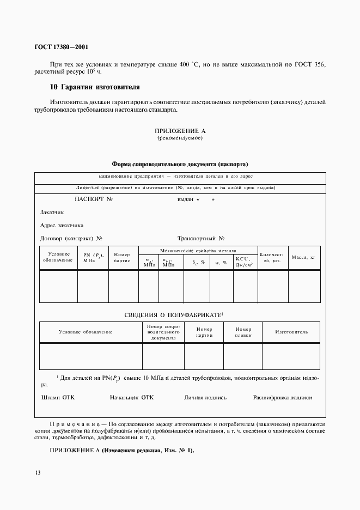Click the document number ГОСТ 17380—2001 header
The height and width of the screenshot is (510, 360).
pyautogui.click(x=57, y=47)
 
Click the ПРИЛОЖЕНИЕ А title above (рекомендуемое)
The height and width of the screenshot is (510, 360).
pyautogui.click(x=180, y=131)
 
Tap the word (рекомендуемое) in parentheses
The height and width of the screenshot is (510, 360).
pyautogui.click(x=180, y=138)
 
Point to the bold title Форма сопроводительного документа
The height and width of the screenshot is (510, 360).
pyautogui.click(x=180, y=164)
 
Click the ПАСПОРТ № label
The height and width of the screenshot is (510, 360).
pyautogui.click(x=93, y=199)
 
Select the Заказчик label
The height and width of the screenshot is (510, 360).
pyautogui.click(x=52, y=212)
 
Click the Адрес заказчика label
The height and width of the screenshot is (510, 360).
pyautogui.click(x=62, y=226)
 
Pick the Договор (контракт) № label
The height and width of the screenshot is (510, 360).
pyautogui.click(x=71, y=239)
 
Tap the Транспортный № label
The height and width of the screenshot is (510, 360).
pyautogui.click(x=202, y=239)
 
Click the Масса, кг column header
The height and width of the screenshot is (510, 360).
pyautogui.click(x=303, y=257)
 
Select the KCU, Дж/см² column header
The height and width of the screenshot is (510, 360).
pyautogui.click(x=245, y=262)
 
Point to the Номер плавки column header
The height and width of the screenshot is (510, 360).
pyautogui.click(x=243, y=332)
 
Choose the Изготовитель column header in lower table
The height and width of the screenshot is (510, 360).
pyautogui.click(x=291, y=332)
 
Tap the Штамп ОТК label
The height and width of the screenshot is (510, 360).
pyautogui.click(x=58, y=398)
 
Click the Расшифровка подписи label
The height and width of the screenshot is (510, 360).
pyautogui.click(x=283, y=398)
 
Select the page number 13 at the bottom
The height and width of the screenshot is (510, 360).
pyautogui.click(x=37, y=472)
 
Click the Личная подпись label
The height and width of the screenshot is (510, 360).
pyautogui.click(x=205, y=398)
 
